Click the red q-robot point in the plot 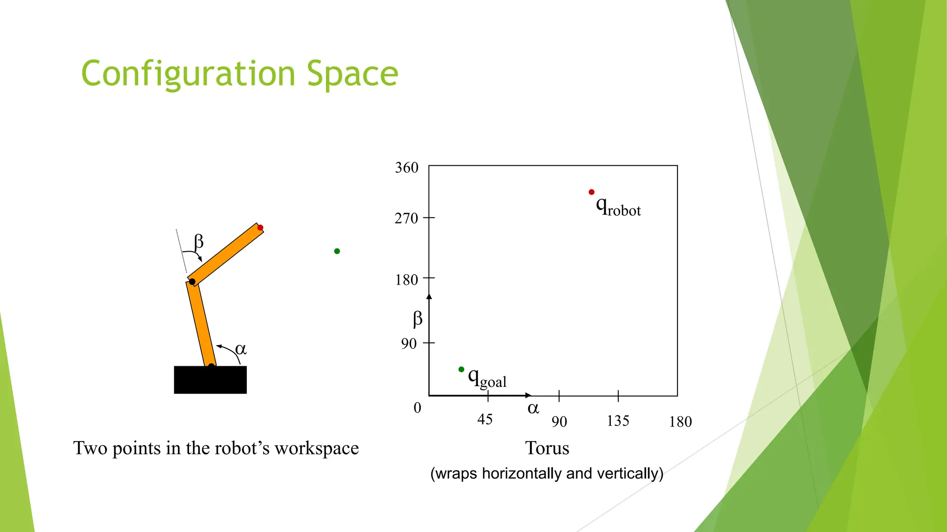(591, 192)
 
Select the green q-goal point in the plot (461, 369)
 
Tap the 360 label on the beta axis (406, 168)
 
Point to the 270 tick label (406, 218)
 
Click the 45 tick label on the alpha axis (485, 419)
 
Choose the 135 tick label (618, 421)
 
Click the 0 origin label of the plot (417, 407)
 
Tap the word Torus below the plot (547, 448)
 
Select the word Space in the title (352, 74)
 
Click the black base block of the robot (210, 380)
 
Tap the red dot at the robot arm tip (260, 228)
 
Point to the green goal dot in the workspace (337, 251)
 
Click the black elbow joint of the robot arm (192, 282)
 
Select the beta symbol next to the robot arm (199, 242)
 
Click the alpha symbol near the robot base (241, 349)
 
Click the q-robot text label (618, 206)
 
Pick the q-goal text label (487, 379)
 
